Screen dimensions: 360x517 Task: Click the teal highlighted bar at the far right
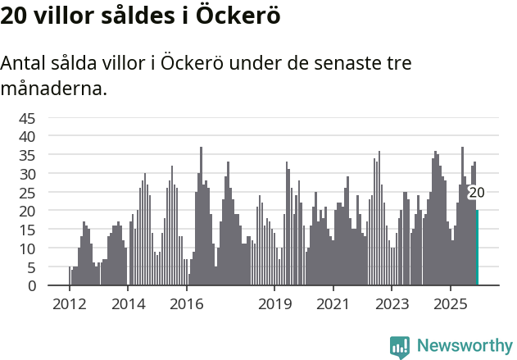pyautogui.click(x=477, y=248)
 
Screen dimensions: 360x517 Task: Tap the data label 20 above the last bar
pyautogui.click(x=476, y=193)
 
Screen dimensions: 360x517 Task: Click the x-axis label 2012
pyautogui.click(x=69, y=304)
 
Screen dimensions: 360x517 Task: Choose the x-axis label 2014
pyautogui.click(x=128, y=304)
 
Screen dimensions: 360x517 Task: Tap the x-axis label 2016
pyautogui.click(x=186, y=304)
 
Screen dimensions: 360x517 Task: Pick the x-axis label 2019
pyautogui.click(x=274, y=304)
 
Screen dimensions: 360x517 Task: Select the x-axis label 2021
pyautogui.click(x=333, y=304)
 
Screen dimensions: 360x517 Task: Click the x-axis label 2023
pyautogui.click(x=392, y=304)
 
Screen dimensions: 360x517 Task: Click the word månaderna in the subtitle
pyautogui.click(x=54, y=88)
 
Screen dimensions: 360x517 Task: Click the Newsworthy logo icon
pyautogui.click(x=400, y=345)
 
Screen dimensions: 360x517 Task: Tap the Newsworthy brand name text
pyautogui.click(x=464, y=345)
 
